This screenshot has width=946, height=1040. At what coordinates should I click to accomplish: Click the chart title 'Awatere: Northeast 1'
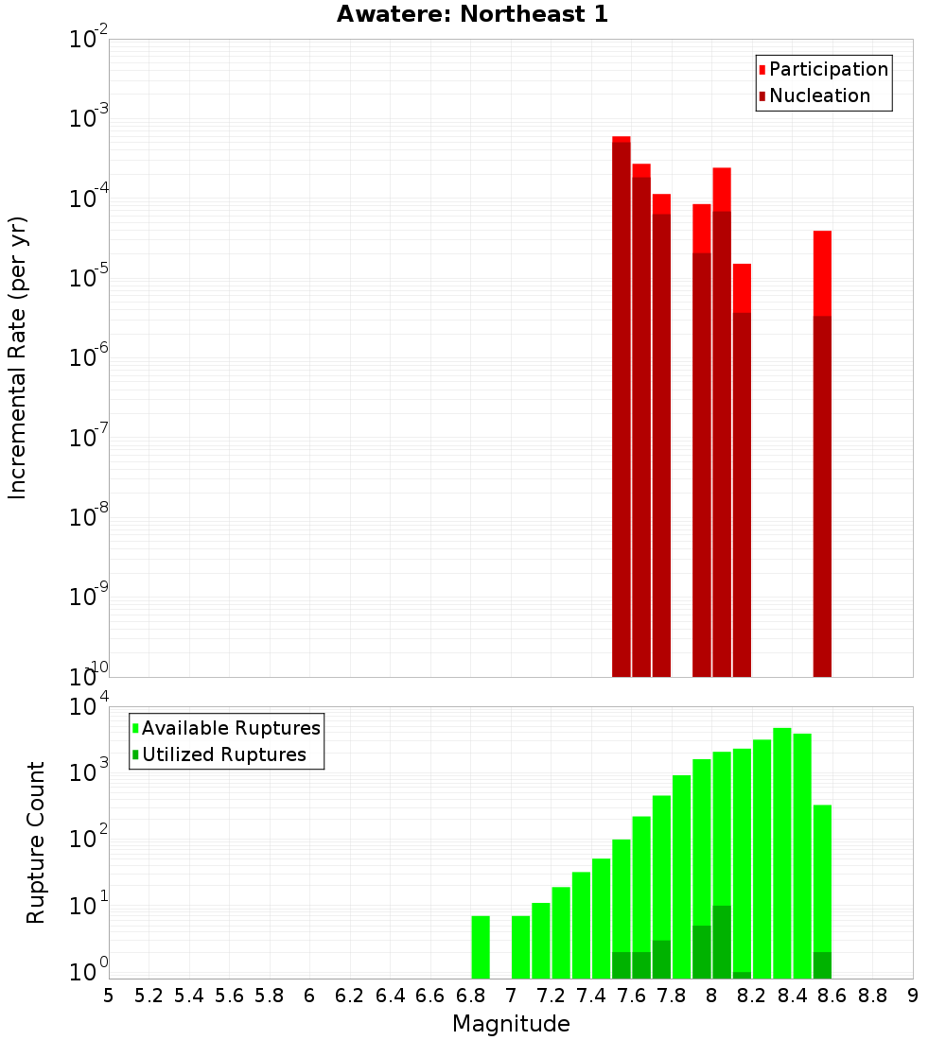click(472, 14)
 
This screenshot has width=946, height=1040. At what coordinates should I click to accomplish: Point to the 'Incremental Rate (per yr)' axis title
click(18, 357)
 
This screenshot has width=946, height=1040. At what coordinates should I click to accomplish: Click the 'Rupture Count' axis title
click(36, 841)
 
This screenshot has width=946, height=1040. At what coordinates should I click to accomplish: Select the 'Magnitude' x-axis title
click(511, 1024)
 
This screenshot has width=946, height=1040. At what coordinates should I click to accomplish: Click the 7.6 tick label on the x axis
click(630, 996)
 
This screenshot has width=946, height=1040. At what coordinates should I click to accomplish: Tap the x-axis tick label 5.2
click(149, 996)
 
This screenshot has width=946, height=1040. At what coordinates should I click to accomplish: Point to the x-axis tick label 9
click(913, 996)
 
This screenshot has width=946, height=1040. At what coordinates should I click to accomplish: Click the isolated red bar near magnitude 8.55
click(822, 454)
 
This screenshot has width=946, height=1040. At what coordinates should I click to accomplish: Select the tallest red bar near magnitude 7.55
click(621, 407)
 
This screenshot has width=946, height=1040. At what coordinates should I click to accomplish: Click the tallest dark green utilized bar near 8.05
click(722, 942)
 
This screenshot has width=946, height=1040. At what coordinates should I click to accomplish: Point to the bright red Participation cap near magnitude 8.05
click(722, 189)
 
